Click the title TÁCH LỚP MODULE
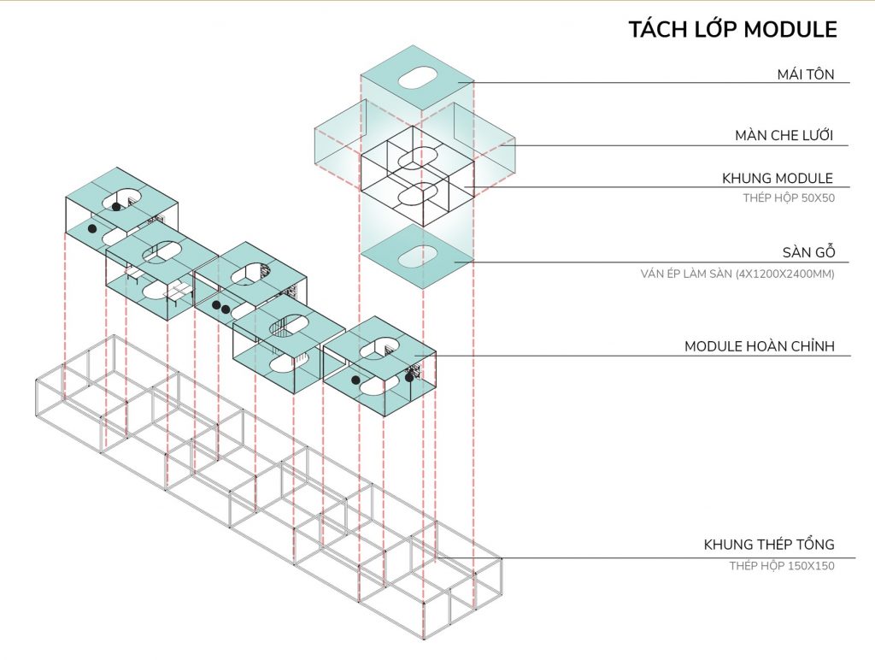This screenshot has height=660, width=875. point(732,29)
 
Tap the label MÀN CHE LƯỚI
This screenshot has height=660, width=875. point(784,135)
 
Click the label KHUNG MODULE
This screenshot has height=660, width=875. point(778,178)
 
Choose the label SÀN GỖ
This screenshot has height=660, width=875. point(807,252)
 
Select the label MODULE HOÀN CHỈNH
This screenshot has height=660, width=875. point(759,346)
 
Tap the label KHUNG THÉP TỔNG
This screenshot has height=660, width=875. point(768,545)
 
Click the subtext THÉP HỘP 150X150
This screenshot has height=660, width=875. point(781,565)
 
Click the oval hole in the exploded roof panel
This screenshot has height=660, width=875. point(416,79)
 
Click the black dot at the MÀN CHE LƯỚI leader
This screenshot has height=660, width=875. point(502,145)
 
